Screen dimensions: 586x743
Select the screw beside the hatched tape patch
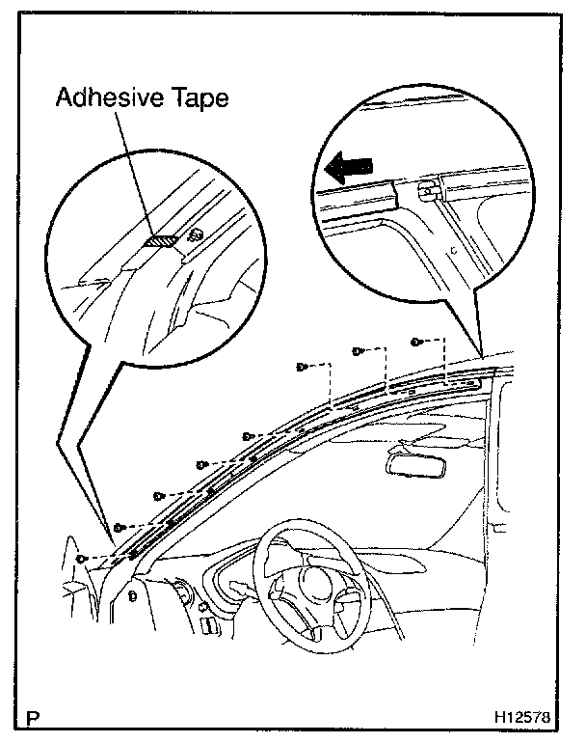[196, 234]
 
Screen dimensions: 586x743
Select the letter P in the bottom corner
[35, 719]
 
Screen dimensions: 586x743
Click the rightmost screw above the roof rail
[414, 343]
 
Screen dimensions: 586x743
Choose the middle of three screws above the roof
[357, 352]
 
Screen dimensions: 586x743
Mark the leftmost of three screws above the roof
[301, 367]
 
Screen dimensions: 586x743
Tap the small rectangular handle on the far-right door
[497, 527]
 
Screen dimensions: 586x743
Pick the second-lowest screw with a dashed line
[118, 527]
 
